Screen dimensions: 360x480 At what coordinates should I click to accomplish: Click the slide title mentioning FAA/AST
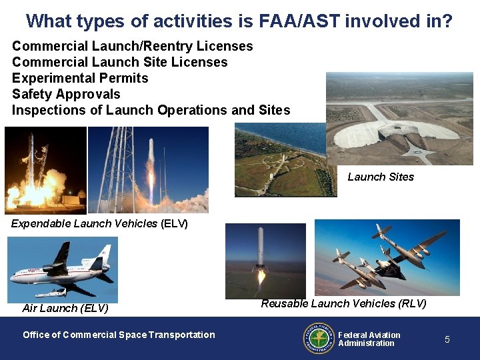click(239, 21)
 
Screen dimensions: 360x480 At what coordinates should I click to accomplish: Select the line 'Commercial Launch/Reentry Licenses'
click(133, 46)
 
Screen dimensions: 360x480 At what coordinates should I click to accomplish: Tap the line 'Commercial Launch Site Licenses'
click(120, 62)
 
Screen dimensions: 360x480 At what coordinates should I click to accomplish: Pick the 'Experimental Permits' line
click(80, 78)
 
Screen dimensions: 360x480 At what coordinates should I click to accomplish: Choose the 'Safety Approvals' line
click(66, 94)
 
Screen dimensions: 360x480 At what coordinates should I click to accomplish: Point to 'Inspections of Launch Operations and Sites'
click(151, 110)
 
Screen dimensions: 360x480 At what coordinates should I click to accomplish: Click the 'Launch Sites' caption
click(381, 177)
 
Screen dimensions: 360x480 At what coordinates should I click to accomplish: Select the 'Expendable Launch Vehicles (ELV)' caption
click(99, 223)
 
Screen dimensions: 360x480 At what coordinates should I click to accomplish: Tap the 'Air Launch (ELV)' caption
click(65, 308)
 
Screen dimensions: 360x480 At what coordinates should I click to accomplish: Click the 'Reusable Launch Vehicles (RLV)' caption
click(343, 303)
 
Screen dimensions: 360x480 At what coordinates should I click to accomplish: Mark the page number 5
click(447, 339)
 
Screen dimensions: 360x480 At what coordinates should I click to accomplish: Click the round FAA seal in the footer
click(319, 338)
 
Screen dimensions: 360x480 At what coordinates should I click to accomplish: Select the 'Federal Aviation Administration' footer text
click(369, 339)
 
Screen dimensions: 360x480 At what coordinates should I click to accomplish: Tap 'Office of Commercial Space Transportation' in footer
click(119, 335)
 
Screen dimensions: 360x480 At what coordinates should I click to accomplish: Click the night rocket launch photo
click(45, 170)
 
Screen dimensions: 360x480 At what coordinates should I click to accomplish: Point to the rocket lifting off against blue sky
click(148, 170)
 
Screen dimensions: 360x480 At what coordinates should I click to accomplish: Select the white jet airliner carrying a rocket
click(62, 270)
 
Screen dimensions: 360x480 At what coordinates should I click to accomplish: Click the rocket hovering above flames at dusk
click(265, 261)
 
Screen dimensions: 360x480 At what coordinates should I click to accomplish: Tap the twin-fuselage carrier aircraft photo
click(387, 257)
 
